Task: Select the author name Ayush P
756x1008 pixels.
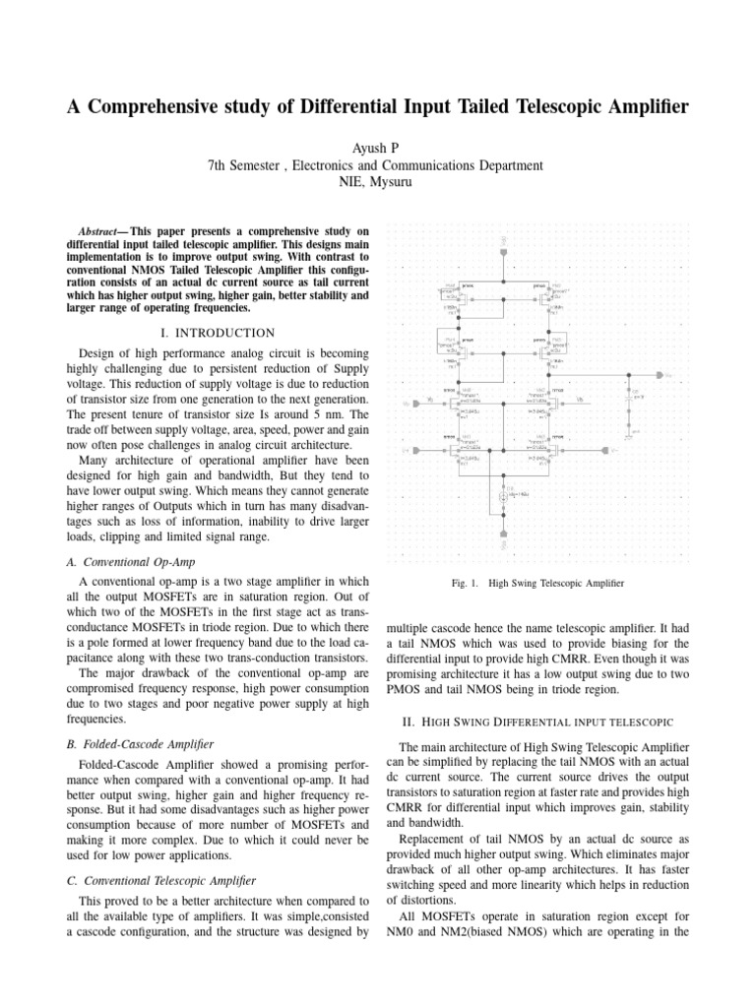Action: tap(377, 147)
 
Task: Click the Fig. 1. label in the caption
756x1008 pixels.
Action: tap(465, 583)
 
